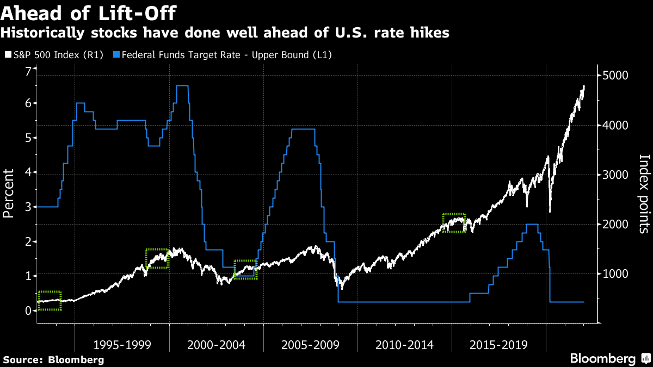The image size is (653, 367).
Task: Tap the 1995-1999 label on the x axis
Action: [x=121, y=345]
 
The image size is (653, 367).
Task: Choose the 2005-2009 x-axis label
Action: [x=310, y=345]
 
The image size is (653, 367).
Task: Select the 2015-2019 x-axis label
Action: [x=498, y=345]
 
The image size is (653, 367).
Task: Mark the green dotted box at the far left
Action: [x=50, y=301]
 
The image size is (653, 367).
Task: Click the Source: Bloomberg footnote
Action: [x=53, y=359]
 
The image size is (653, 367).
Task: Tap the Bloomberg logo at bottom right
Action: [x=609, y=359]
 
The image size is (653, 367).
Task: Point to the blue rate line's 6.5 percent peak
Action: [x=182, y=86]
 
